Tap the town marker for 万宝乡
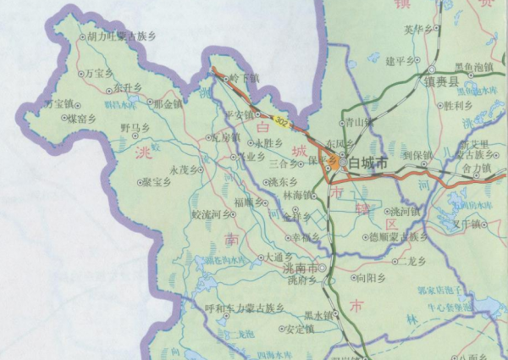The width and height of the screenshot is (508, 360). click(x=81, y=74)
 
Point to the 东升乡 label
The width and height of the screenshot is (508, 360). click(x=128, y=87)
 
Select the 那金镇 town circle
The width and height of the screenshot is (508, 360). click(x=152, y=105)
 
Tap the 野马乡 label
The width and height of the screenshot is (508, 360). click(x=135, y=127)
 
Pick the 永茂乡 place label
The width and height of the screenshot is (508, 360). click(x=184, y=169)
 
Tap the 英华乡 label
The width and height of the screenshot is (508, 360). click(x=419, y=30)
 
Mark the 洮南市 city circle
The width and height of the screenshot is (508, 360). click(x=323, y=268)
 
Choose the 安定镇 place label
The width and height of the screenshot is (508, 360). click(x=301, y=330)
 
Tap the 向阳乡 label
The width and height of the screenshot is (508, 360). click(x=373, y=277)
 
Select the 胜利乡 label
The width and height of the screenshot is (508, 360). click(x=458, y=108)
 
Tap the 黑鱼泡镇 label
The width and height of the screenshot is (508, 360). click(x=474, y=65)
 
